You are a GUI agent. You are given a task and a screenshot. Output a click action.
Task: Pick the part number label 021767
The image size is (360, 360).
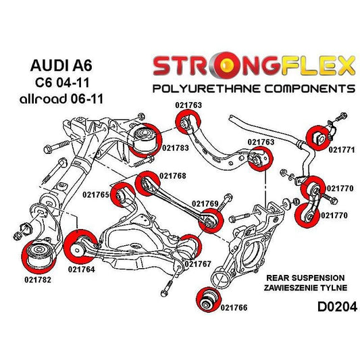point(197,263)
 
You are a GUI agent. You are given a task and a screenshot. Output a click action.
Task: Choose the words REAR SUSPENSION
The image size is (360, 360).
point(306,278)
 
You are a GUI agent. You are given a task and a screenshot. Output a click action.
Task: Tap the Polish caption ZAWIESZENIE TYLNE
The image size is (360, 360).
point(306,287)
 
